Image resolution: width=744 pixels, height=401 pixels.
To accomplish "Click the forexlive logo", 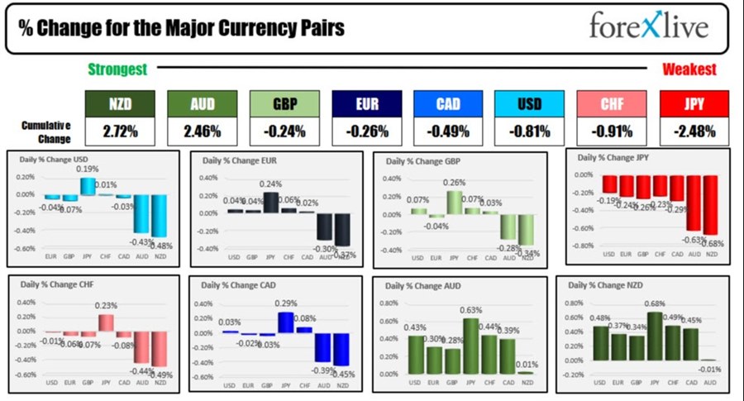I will (649, 26).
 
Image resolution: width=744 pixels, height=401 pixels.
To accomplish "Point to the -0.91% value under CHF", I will (613, 131).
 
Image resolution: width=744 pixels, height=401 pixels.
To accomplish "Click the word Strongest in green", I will (117, 70).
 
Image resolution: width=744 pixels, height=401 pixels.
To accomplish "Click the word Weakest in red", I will (689, 70).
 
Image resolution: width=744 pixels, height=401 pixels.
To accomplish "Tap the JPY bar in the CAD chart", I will (286, 322).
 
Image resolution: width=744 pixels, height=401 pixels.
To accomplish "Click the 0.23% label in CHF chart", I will (106, 305).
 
